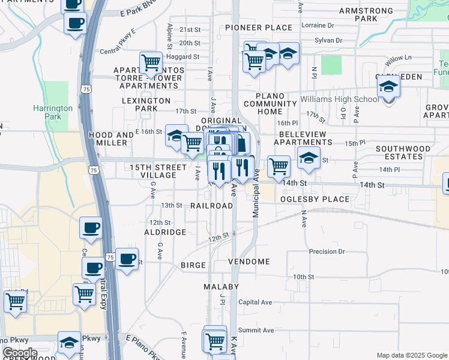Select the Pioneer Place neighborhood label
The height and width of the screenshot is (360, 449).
coord(259,28)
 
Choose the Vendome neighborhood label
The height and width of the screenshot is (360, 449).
coord(249,262)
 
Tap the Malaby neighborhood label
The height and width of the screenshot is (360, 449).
coord(221,287)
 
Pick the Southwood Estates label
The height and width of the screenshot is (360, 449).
coord(403,152)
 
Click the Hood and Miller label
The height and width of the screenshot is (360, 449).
coord(108,139)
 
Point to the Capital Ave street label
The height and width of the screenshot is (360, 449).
coord(255,302)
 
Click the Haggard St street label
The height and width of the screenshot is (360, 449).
coord(184,57)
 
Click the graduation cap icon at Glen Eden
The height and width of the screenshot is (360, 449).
coord(388,88)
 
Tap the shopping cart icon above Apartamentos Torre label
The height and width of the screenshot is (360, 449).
coord(151,62)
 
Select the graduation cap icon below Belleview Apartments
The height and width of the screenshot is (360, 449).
coord(309,158)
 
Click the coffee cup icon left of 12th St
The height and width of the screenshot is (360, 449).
coord(91,227)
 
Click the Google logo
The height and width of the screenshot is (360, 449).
coord(20,353)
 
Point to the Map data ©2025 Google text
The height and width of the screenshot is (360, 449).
coord(411,355)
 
